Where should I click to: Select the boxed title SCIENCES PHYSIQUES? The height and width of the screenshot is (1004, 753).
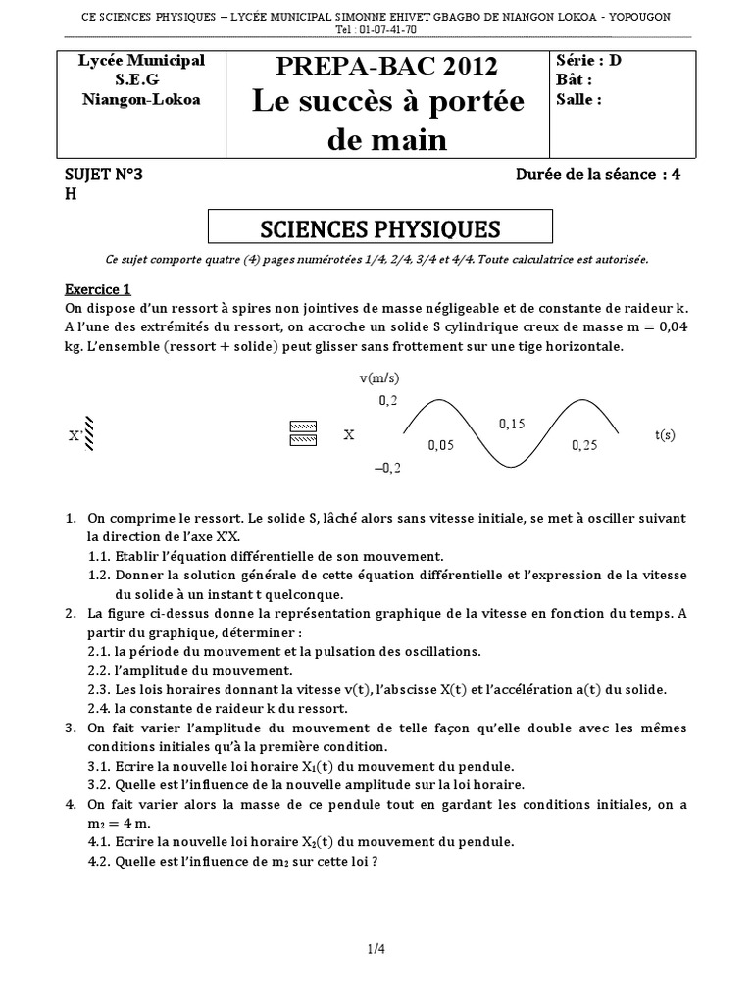pos(379,229)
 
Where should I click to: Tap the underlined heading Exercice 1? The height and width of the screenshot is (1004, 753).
pos(97,289)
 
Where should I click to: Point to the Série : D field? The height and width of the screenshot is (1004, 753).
pos(588,60)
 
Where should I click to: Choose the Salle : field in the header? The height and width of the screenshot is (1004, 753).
pos(578,99)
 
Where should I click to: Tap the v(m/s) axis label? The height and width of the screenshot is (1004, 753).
pos(379,377)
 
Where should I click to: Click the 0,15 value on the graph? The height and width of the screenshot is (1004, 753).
pos(512,424)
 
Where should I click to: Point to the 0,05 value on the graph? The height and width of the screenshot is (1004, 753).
pos(441,445)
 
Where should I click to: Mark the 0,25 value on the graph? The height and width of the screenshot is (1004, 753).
pos(583,445)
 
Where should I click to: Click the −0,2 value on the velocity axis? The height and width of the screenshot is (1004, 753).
pos(387,469)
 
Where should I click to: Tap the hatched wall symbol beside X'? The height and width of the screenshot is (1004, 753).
pos(89,433)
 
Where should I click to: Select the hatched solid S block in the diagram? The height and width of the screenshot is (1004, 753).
pos(305,433)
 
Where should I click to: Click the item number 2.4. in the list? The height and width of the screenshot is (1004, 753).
pos(100,708)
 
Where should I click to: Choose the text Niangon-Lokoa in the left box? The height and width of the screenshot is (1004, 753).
pos(141,99)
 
